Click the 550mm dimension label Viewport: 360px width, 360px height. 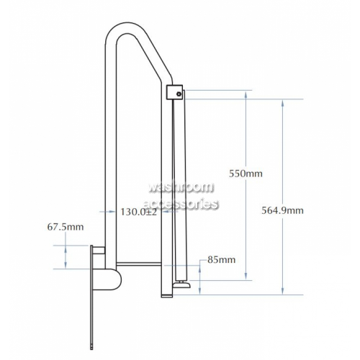point(246,174)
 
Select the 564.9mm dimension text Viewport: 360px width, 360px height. point(282,210)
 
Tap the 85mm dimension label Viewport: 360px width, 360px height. point(221,260)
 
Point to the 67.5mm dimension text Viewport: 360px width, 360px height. point(66,227)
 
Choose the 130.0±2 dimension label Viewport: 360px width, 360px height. point(138,212)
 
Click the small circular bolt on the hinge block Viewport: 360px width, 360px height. point(179,94)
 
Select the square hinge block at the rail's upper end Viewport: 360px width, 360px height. point(174,92)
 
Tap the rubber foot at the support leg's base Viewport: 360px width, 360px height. point(182,284)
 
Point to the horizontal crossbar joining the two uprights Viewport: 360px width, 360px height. point(138,264)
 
